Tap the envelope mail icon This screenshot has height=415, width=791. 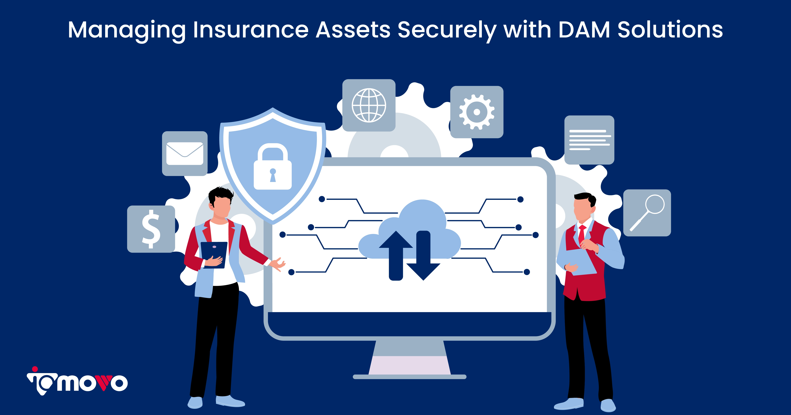pyautogui.click(x=185, y=154)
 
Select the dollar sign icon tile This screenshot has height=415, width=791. pyautogui.click(x=151, y=229)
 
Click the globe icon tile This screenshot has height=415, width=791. pyautogui.click(x=369, y=105)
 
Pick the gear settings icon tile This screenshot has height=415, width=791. pyautogui.click(x=476, y=112)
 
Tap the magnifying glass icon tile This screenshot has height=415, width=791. pyautogui.click(x=647, y=213)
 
